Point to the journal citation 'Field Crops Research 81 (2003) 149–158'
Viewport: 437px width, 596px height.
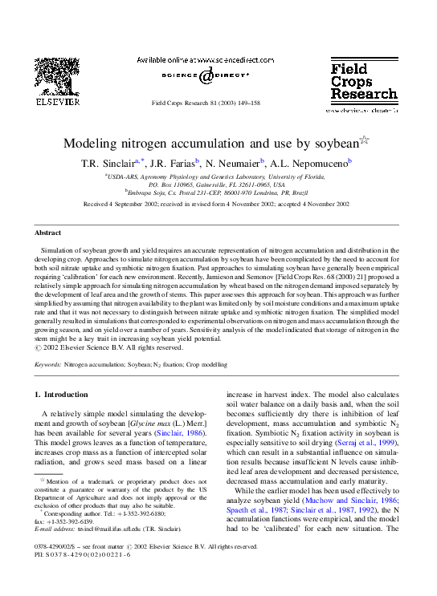(216, 104)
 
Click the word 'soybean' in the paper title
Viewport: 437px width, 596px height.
(331, 144)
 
